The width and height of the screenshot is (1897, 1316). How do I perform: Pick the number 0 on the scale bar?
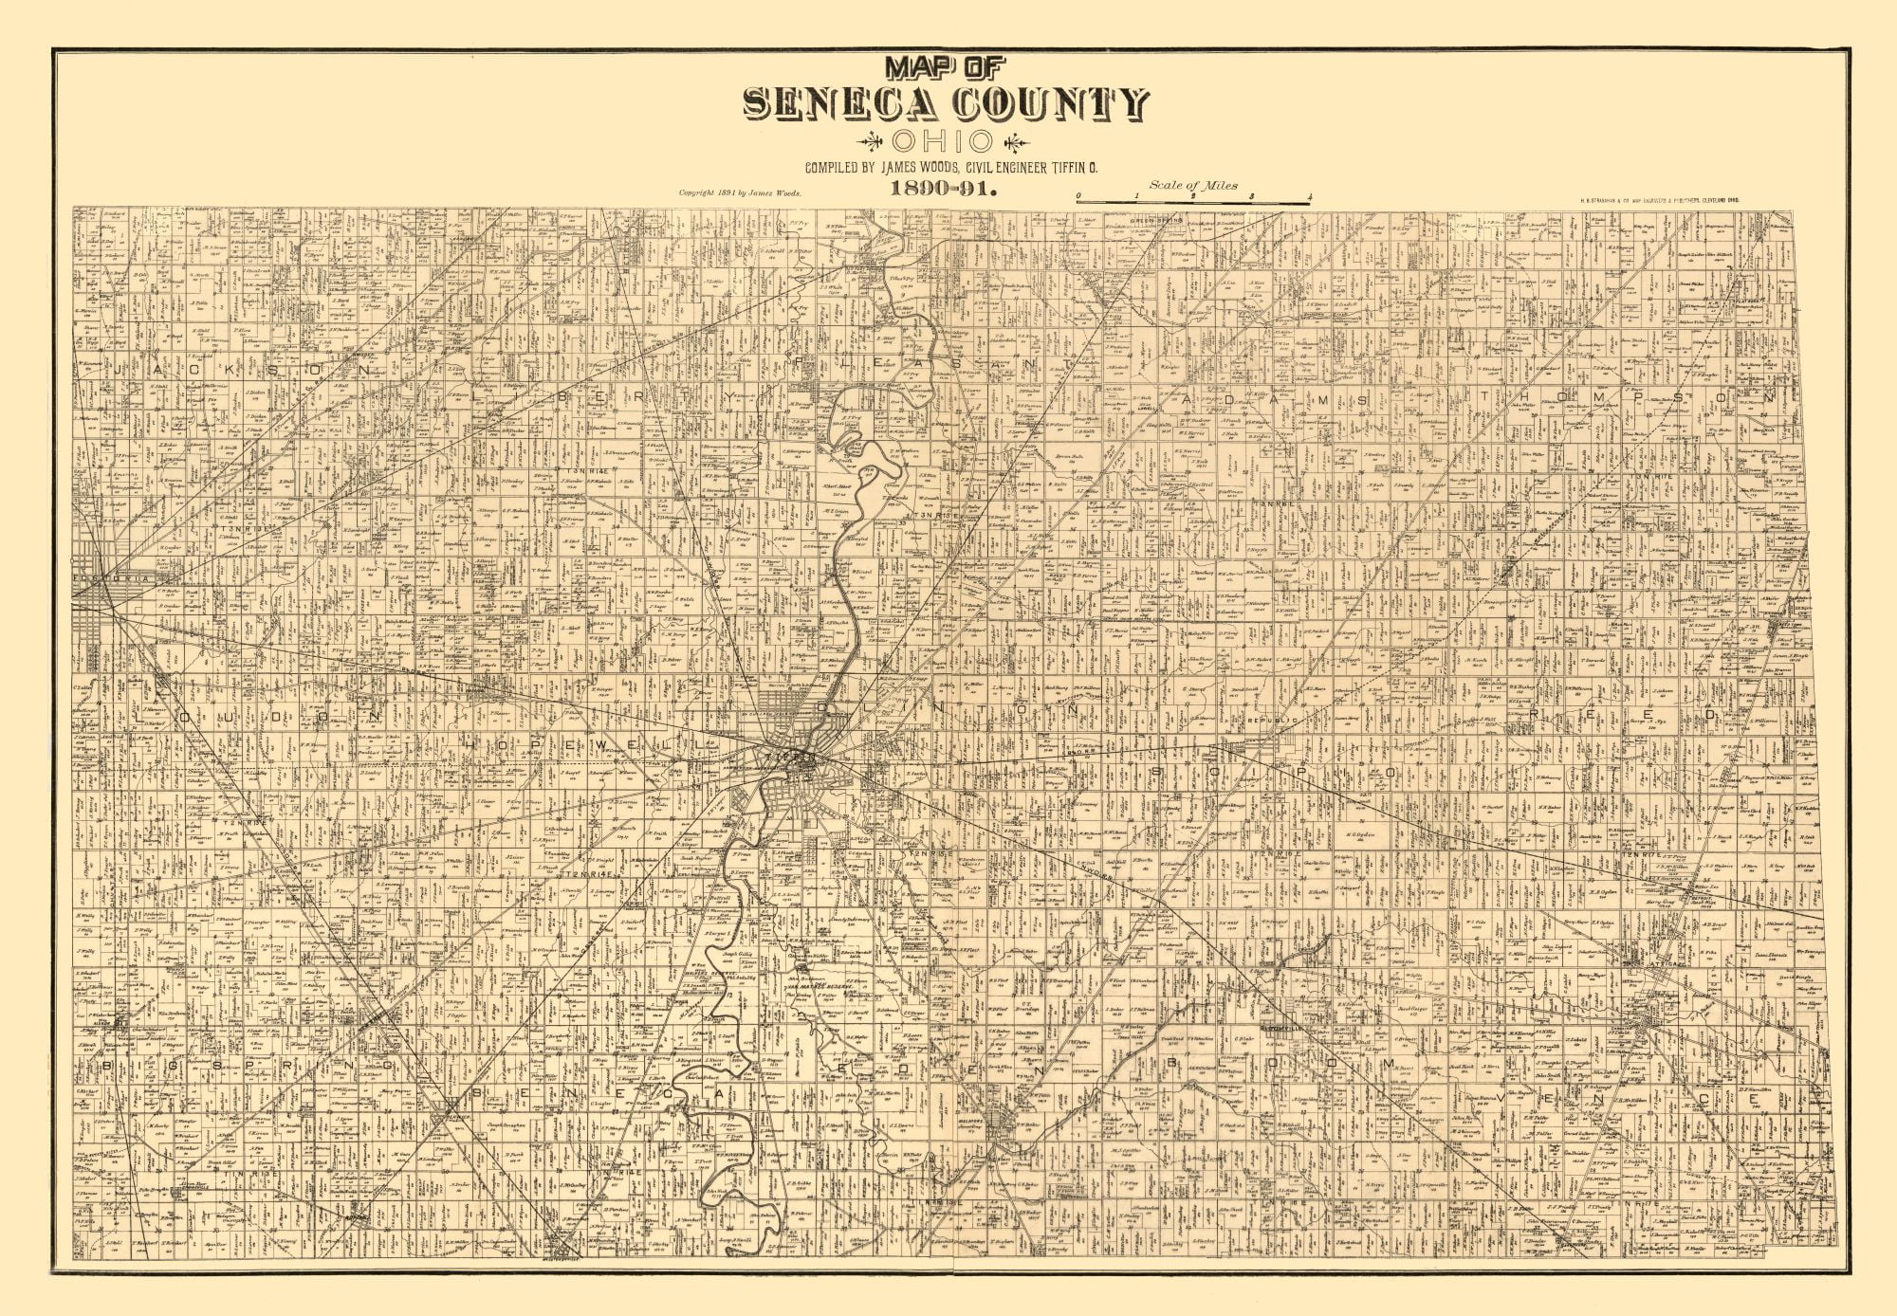[1078, 197]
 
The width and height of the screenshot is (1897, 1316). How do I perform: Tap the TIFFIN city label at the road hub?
[795, 759]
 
